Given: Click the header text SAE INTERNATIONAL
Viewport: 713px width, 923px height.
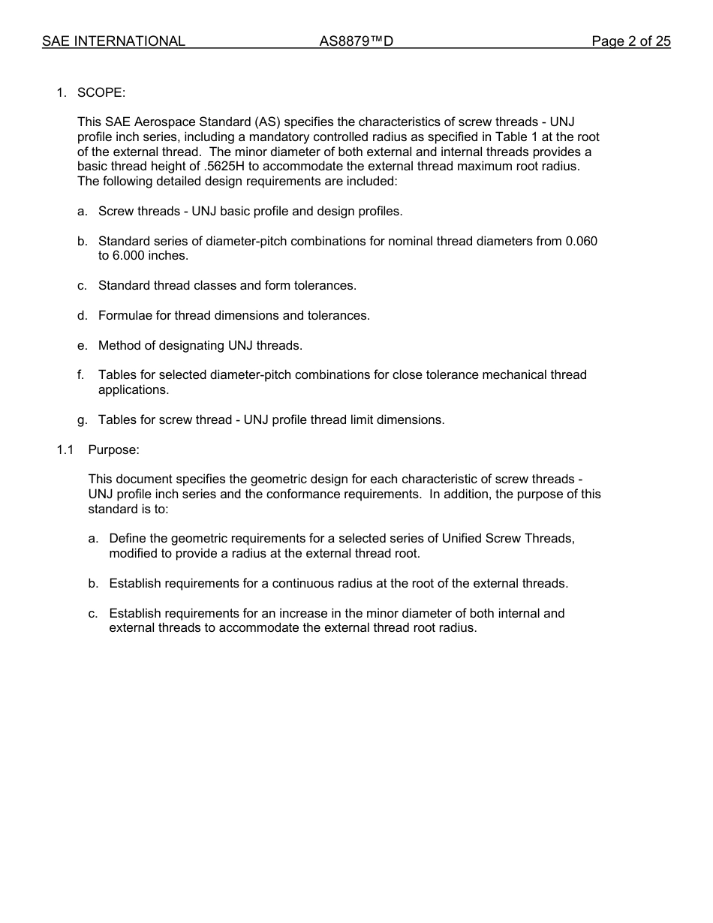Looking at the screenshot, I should [113, 41].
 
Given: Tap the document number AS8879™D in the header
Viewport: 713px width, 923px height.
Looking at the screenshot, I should [356, 41].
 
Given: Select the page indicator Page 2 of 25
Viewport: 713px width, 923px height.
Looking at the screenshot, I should [630, 41].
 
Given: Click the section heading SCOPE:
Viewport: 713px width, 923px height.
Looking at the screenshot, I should [101, 92].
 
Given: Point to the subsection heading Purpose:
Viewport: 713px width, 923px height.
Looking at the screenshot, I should [113, 449].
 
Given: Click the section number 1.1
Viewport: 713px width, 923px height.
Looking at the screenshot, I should [65, 449].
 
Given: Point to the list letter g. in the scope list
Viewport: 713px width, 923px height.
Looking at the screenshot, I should [82, 419].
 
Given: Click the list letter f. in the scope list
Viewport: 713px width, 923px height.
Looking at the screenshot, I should [80, 374].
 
